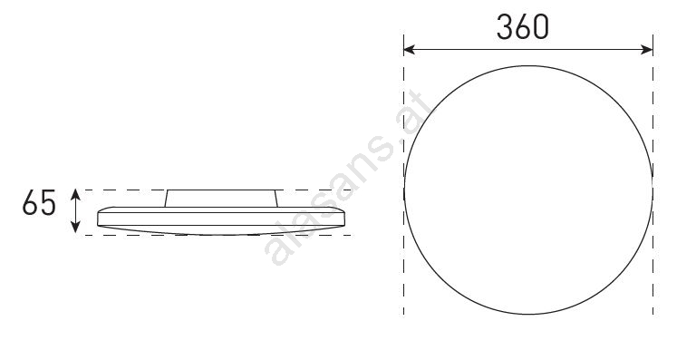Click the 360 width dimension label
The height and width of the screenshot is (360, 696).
tap(522, 27)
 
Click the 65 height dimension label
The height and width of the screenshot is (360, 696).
tap(39, 203)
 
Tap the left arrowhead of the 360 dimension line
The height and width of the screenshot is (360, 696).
tap(409, 50)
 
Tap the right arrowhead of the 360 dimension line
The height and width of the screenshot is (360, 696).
tap(647, 50)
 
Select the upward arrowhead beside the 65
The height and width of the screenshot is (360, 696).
tap(76, 194)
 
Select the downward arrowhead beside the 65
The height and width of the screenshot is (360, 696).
tap(76, 228)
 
